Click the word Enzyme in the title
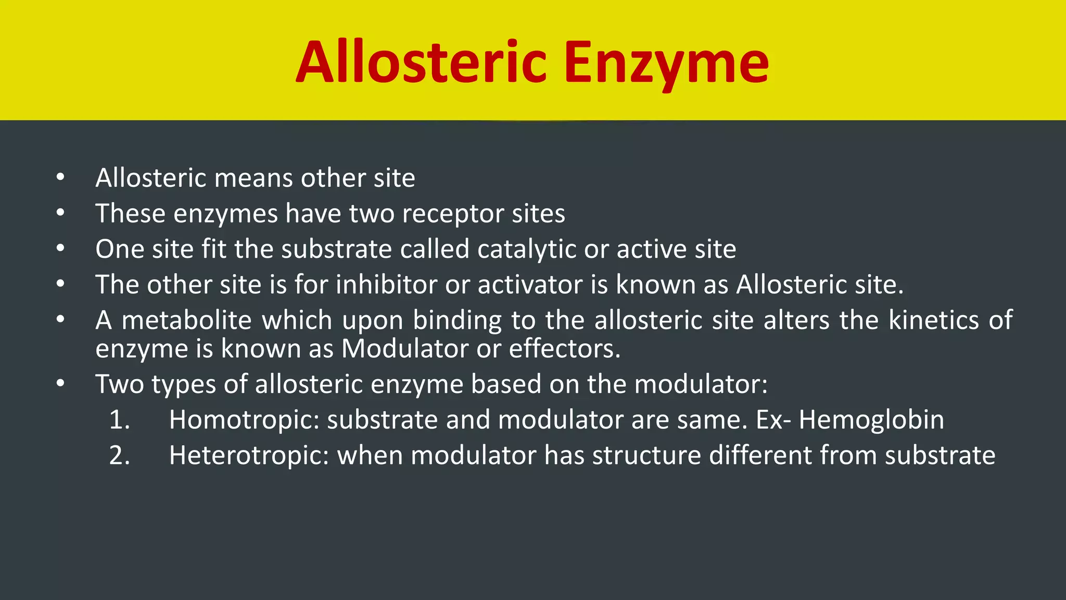[666, 64]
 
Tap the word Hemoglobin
[871, 420]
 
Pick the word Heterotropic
[249, 456]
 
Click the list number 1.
[119, 420]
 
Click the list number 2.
[119, 456]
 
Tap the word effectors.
[564, 348]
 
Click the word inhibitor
[386, 284]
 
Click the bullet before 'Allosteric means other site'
[60, 178]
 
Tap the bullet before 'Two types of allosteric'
[60, 384]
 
